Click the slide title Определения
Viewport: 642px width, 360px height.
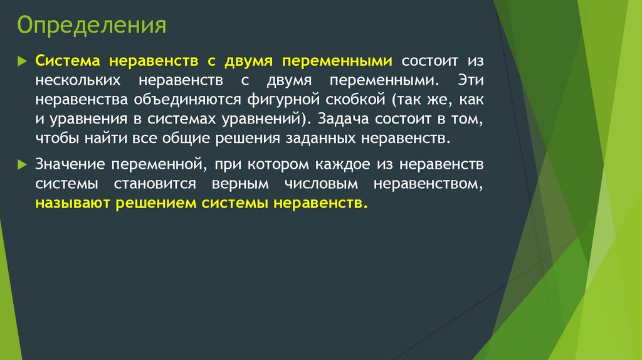[92, 27]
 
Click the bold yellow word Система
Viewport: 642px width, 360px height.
[69, 62]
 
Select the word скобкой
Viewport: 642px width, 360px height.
[354, 100]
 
